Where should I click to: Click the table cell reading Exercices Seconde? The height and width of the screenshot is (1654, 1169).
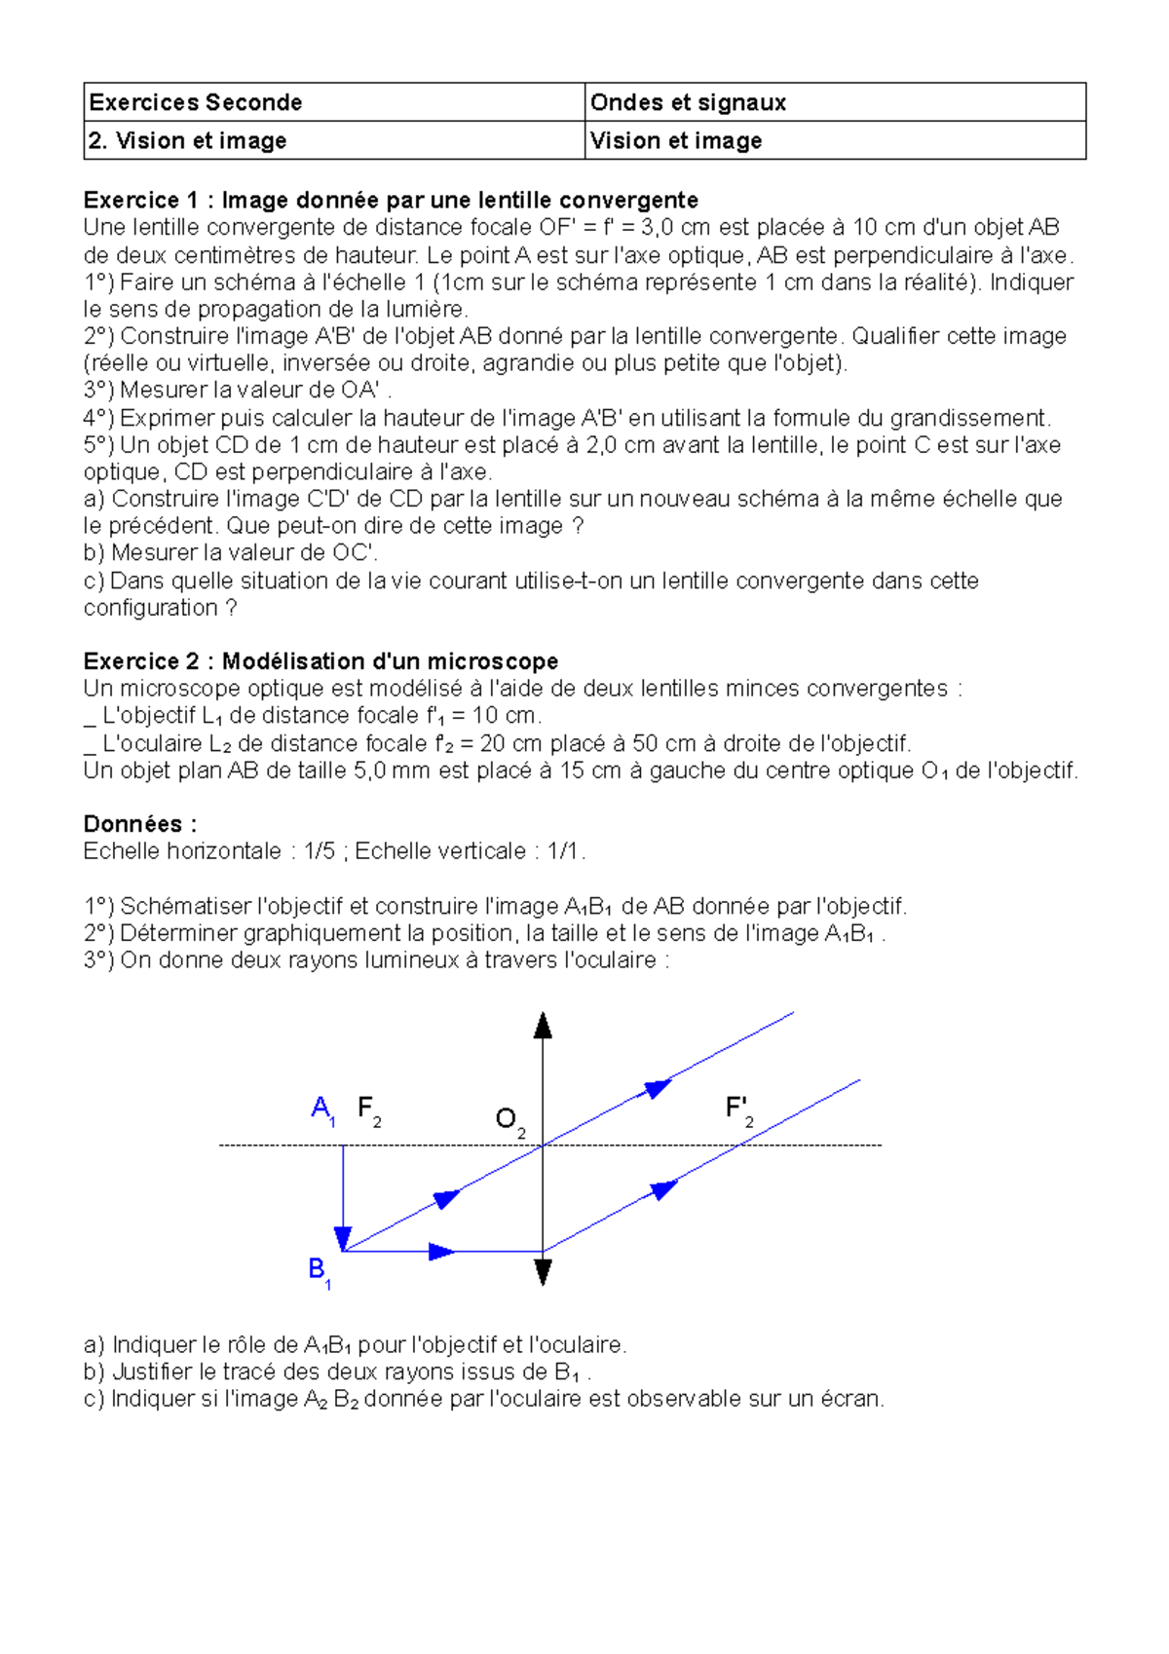(x=195, y=102)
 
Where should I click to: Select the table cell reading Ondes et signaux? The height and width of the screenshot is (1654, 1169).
(x=688, y=102)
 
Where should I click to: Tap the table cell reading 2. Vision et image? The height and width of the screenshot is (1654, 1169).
(x=187, y=140)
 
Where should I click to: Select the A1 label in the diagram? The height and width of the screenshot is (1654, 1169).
(x=322, y=1109)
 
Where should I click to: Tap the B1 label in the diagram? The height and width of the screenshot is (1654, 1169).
(x=319, y=1270)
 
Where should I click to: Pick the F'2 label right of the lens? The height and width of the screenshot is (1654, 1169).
(x=738, y=1109)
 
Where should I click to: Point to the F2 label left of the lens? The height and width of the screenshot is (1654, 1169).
(x=368, y=1109)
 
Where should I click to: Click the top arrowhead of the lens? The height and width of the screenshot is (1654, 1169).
(x=543, y=1025)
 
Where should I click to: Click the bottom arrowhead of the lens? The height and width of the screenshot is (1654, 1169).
(x=543, y=1272)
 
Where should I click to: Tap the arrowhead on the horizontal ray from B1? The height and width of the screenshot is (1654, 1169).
(x=442, y=1252)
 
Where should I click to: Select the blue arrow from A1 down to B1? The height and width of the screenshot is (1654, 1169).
(x=343, y=1198)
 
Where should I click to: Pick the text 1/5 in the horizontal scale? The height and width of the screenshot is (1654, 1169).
(x=320, y=851)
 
